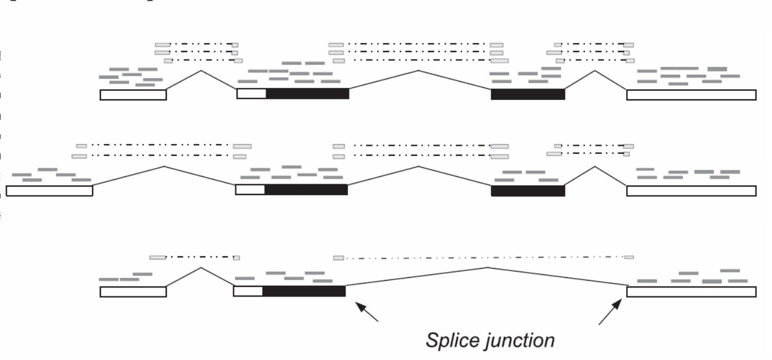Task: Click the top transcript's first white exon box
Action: [x=133, y=95]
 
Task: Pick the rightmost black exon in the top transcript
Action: [x=527, y=94]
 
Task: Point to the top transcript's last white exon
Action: [x=691, y=95]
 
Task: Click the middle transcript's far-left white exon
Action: [x=49, y=191]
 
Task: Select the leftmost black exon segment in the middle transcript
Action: [x=306, y=189]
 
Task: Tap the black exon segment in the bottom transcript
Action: [x=304, y=291]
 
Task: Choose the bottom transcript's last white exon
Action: [x=691, y=291]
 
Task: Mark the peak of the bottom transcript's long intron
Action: [x=488, y=267]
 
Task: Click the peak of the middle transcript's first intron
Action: [x=164, y=167]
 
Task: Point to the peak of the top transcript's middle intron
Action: [x=418, y=71]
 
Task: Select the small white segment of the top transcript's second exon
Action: [x=252, y=94]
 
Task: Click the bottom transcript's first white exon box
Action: [x=133, y=292]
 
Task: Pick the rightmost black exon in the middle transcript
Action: [x=527, y=190]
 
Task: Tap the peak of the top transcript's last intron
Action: [x=595, y=71]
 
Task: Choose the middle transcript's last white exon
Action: [x=691, y=191]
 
